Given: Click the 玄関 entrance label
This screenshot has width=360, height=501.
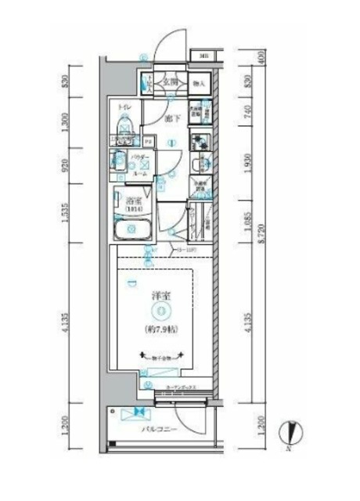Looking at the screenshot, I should pyautogui.click(x=172, y=82).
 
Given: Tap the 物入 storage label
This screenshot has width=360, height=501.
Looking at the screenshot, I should pyautogui.click(x=199, y=83).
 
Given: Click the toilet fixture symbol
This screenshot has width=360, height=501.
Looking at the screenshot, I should pyautogui.click(x=124, y=126).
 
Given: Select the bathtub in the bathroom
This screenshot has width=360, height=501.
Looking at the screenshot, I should pyautogui.click(x=132, y=231).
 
